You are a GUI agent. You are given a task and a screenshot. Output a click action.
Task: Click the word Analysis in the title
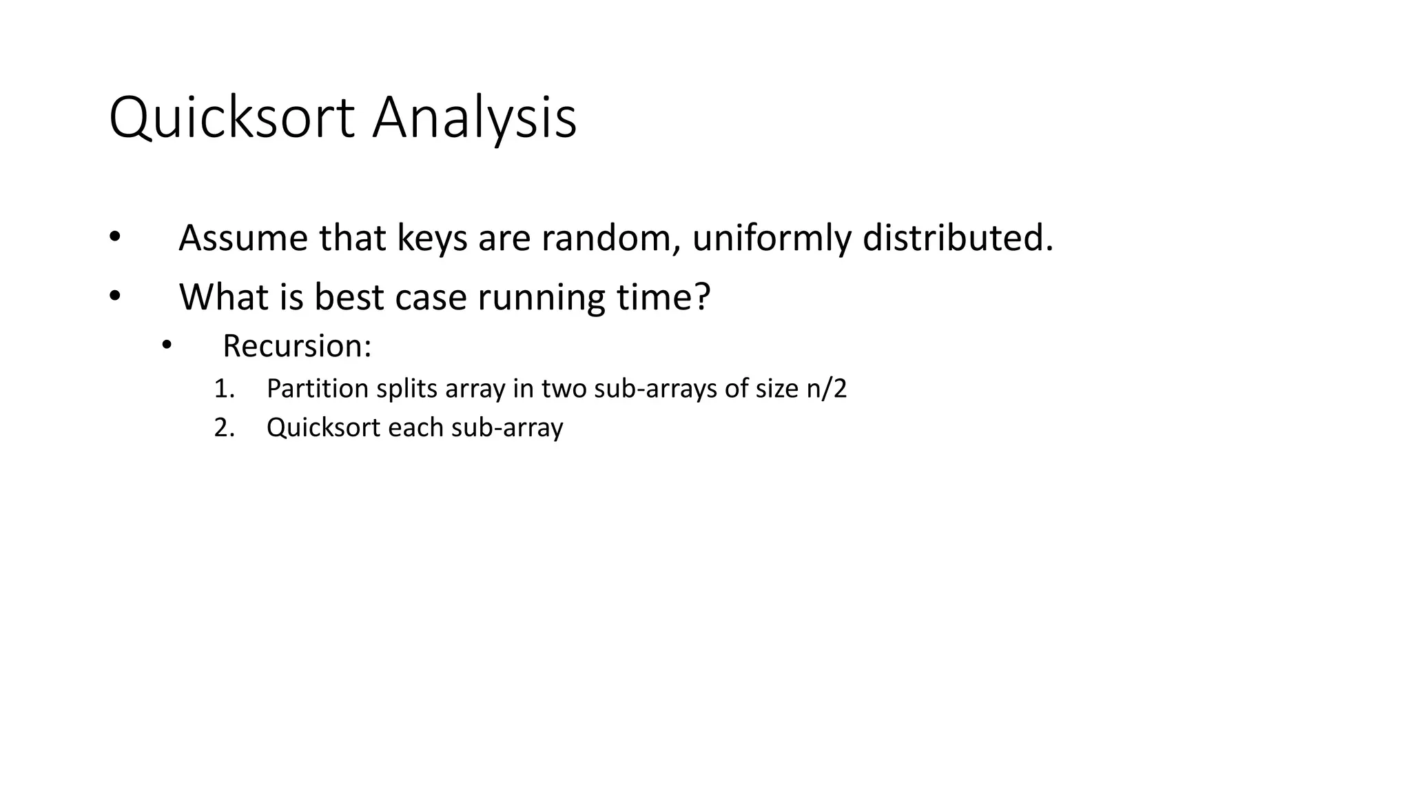point(474,119)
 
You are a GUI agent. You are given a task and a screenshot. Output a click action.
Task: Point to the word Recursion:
point(297,346)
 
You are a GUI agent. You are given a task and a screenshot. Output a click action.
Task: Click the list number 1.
point(224,389)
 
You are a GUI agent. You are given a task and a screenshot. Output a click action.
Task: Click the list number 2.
point(224,428)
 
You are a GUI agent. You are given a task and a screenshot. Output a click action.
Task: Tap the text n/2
point(825,389)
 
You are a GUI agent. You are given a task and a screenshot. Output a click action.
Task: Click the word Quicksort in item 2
point(323,428)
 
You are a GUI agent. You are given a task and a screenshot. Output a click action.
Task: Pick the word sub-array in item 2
point(507,428)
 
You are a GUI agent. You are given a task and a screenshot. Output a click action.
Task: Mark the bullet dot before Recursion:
point(166,345)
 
